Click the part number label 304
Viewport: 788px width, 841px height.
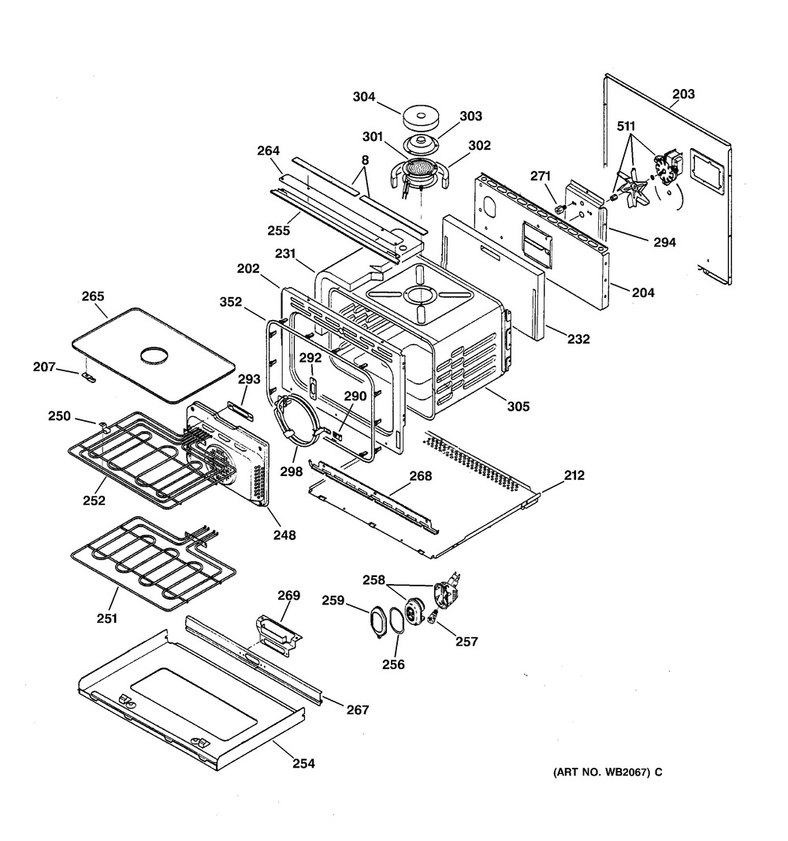pyautogui.click(x=364, y=98)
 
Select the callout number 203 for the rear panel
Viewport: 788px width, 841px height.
pyautogui.click(x=683, y=95)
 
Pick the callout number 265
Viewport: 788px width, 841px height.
pyautogui.click(x=93, y=296)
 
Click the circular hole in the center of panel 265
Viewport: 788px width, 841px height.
pyautogui.click(x=153, y=355)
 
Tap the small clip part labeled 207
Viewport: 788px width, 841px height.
pyautogui.click(x=88, y=378)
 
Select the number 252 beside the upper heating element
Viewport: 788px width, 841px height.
pyautogui.click(x=95, y=501)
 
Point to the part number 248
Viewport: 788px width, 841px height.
pyautogui.click(x=284, y=535)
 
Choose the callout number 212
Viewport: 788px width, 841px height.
pyautogui.click(x=574, y=475)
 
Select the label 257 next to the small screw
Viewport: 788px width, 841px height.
pyautogui.click(x=466, y=642)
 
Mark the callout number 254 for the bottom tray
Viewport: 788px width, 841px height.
pyautogui.click(x=303, y=763)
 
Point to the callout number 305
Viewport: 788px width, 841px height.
pyautogui.click(x=518, y=407)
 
